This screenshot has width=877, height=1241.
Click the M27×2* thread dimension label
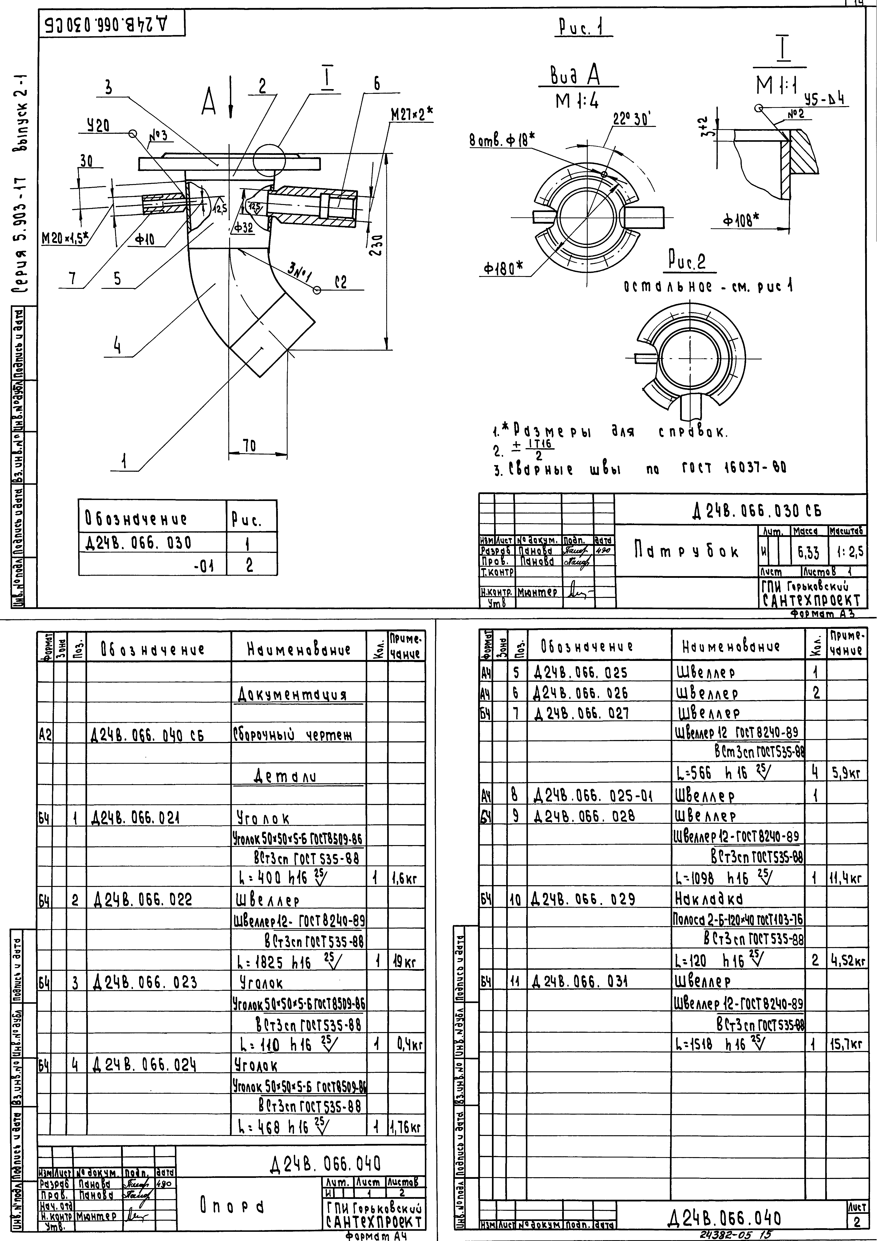coord(412,115)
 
